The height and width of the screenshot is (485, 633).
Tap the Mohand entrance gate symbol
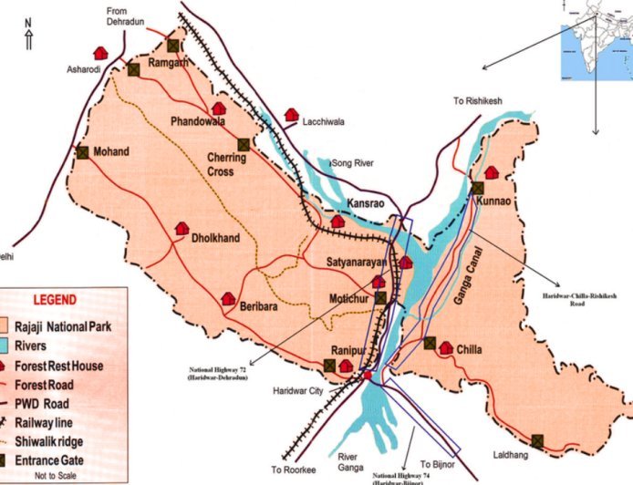click(x=83, y=153)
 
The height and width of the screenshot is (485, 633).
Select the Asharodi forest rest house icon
click(x=98, y=54)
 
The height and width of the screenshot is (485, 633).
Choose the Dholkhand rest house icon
click(x=182, y=228)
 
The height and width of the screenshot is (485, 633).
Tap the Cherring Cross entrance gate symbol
click(x=244, y=144)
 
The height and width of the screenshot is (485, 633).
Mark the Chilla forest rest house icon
click(x=446, y=346)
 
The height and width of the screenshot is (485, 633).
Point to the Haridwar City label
click(x=298, y=393)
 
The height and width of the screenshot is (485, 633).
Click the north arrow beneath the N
click(x=28, y=39)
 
